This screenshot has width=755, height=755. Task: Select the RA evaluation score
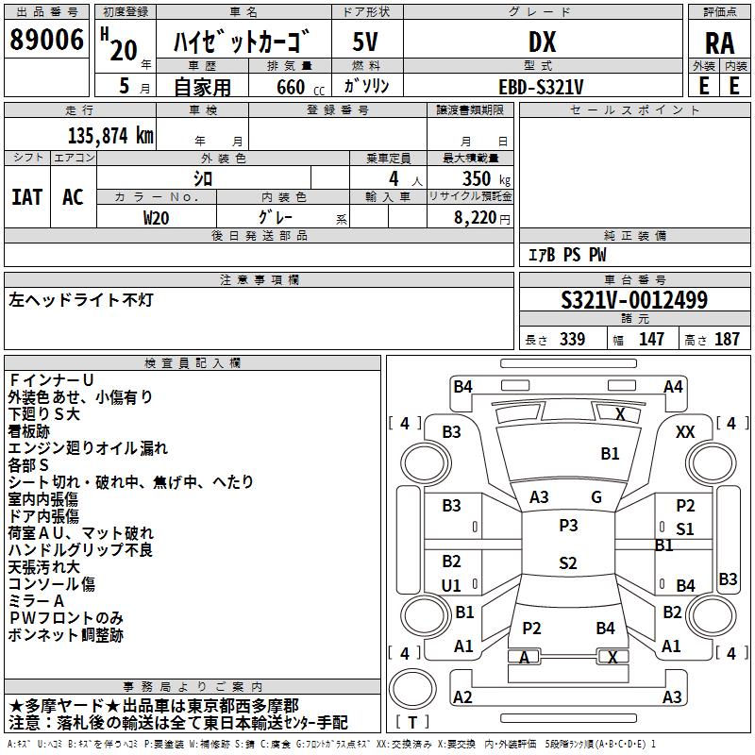coord(719,42)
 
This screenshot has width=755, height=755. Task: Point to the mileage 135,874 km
coord(110,135)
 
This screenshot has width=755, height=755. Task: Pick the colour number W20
coord(157,217)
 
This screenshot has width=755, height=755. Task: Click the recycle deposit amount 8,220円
coord(479,217)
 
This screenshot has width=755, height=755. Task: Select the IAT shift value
coord(26,197)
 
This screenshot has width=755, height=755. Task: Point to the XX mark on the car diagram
coord(686,431)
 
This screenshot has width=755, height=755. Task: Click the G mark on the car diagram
coord(596,497)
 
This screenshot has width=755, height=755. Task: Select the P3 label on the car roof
coord(568,526)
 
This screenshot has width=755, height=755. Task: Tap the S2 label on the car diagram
coord(568,563)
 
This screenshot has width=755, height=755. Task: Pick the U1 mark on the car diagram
coord(452,586)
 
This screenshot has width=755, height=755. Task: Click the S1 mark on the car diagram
coord(685,528)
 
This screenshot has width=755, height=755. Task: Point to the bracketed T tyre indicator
coord(412,723)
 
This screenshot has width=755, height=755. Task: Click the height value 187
coord(727,340)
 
